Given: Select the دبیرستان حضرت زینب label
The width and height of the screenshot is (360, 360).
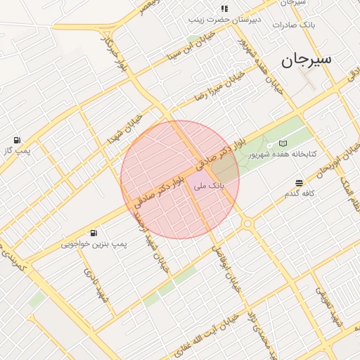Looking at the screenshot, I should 224,19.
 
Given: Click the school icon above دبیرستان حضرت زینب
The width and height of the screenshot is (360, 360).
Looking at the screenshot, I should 224,8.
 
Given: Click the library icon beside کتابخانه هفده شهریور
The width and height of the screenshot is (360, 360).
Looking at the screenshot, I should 283,143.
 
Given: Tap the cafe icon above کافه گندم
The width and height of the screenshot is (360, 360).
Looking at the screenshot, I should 300,182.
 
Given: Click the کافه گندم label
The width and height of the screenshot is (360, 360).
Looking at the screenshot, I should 300,193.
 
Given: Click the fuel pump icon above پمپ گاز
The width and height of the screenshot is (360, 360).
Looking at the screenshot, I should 17,140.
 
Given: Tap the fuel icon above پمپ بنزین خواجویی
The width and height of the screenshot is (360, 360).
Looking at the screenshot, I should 94,233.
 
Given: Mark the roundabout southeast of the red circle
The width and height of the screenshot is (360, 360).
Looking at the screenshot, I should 247,224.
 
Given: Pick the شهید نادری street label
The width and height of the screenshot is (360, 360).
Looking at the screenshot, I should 96,285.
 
